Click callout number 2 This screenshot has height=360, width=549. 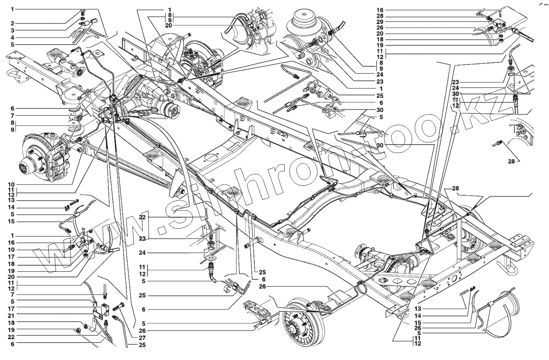point(12,23)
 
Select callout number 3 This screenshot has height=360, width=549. point(12,30)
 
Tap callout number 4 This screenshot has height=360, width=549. point(12,37)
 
